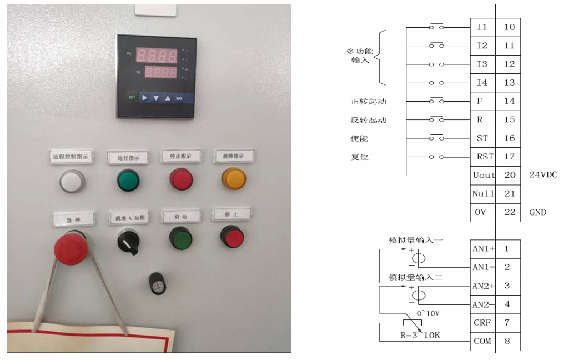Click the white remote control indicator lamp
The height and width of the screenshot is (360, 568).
tap(72, 181)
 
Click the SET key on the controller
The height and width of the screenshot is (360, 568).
tap(132, 97)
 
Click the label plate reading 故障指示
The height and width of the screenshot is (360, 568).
tap(233, 156)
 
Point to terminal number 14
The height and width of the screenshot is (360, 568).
tap(509, 101)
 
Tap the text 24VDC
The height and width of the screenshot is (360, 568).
tap(544, 175)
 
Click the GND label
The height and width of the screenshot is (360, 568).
tap(537, 212)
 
